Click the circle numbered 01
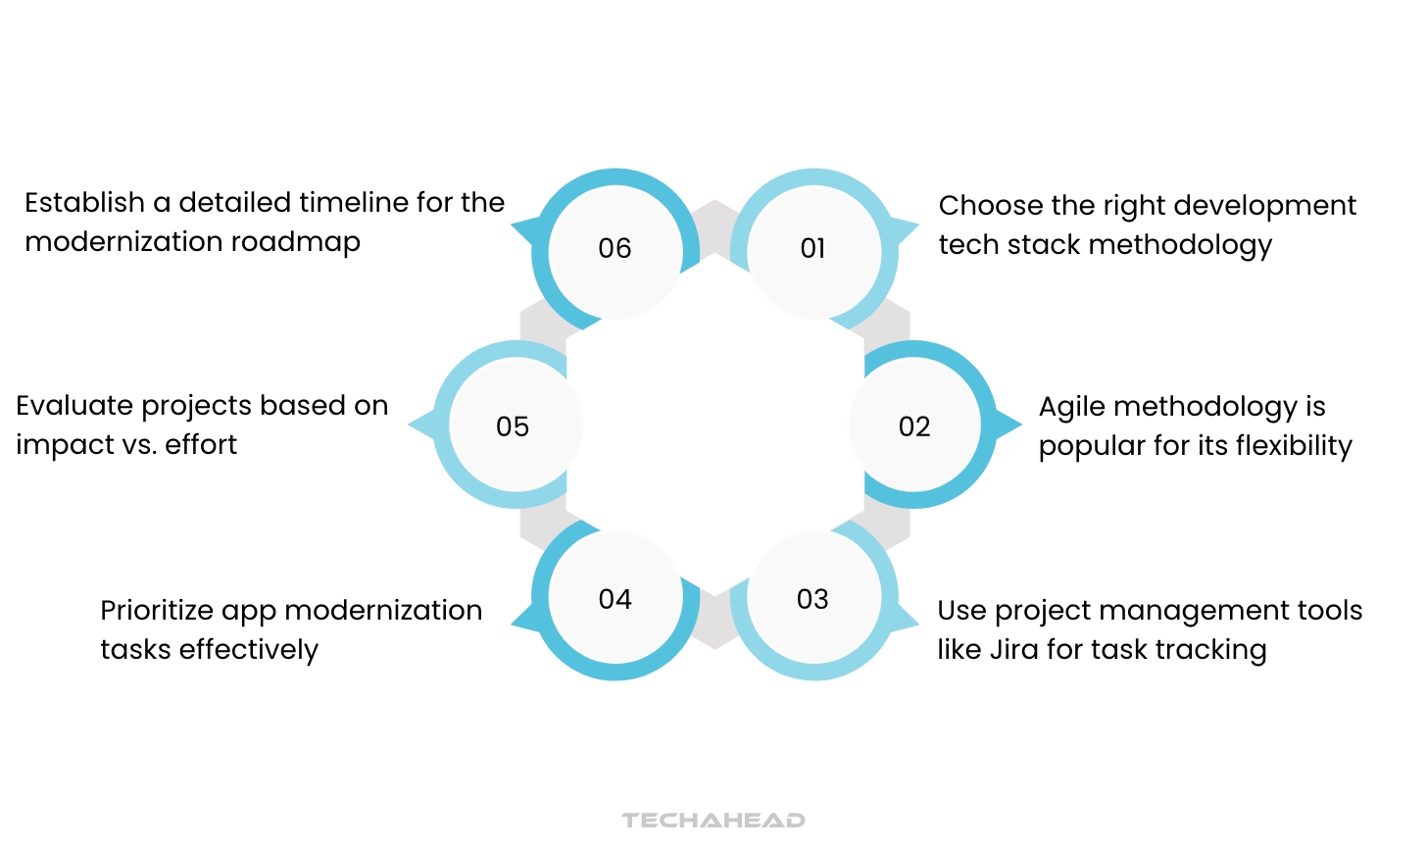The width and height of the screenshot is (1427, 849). [x=813, y=249]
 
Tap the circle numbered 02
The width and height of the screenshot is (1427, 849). [x=914, y=425]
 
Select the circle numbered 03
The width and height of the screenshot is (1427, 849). [x=813, y=599]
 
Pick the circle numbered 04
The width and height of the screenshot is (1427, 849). [x=615, y=599]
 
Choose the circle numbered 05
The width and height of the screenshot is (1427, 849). [x=514, y=425]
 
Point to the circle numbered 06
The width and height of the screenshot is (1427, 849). [x=615, y=249]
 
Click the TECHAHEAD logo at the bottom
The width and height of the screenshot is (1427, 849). [x=713, y=820]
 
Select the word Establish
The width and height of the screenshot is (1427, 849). [x=84, y=203]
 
